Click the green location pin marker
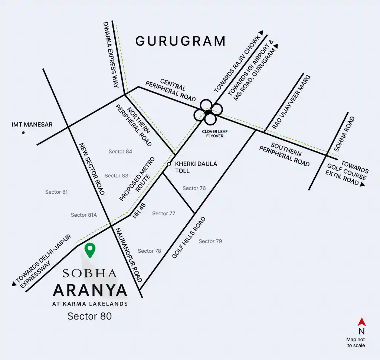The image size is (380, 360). (90, 249)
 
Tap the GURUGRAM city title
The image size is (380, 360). (180, 41)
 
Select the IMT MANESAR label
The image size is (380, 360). (32, 124)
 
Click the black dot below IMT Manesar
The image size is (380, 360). (23, 132)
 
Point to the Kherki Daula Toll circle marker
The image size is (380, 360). (168, 164)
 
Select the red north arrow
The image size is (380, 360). (361, 322)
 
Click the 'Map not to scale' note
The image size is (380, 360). (356, 343)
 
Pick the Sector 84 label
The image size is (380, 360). (120, 151)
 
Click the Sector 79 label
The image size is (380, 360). (210, 241)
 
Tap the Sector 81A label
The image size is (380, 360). (84, 215)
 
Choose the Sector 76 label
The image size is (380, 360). (194, 188)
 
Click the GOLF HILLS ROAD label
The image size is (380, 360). (189, 238)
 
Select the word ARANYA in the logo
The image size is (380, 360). (90, 290)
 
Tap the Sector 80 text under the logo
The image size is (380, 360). (89, 316)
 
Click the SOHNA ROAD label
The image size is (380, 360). (345, 134)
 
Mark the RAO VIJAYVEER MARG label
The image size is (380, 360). (291, 102)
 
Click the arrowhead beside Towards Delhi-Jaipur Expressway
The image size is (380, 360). (14, 284)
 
